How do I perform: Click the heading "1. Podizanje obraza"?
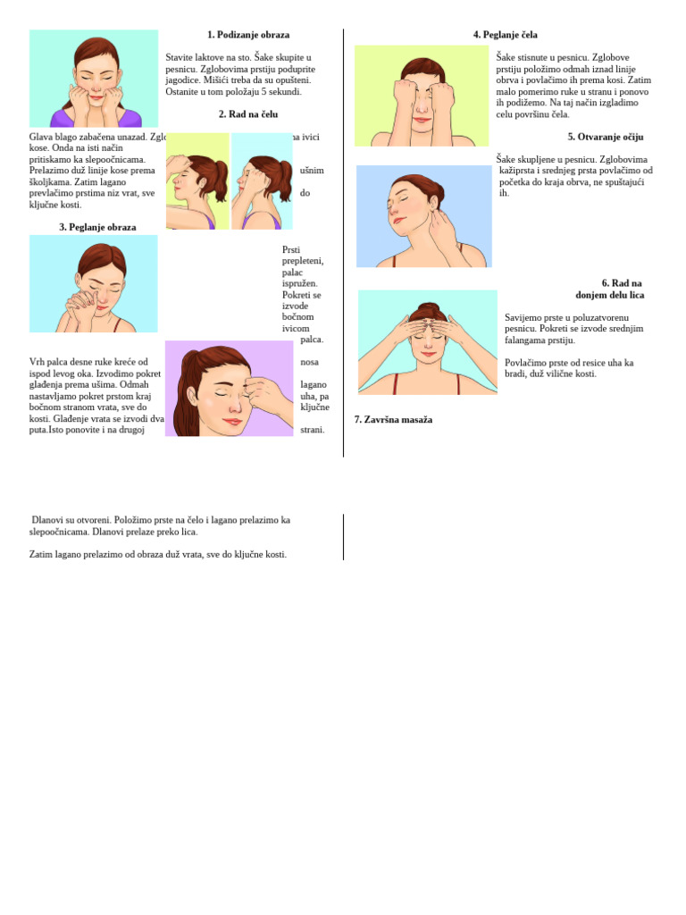[x=248, y=35]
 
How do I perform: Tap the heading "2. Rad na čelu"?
[x=248, y=114]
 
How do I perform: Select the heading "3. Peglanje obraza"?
[x=97, y=227]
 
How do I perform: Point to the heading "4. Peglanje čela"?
[x=505, y=35]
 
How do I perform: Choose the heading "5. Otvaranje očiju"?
[x=605, y=137]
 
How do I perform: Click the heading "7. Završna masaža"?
[x=393, y=420]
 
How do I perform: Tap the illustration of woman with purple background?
[x=229, y=389]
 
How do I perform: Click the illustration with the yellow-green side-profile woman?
[x=197, y=181]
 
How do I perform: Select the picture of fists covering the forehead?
[x=422, y=96]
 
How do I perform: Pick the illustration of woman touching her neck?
[x=423, y=216]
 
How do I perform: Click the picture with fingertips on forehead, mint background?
[x=427, y=342]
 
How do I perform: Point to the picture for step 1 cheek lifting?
[x=94, y=79]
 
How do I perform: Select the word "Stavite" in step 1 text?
[x=180, y=57]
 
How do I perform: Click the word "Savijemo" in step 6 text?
[x=523, y=317]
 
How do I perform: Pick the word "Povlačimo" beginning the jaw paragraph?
[x=526, y=363]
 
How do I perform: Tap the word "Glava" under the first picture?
[x=41, y=137]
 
